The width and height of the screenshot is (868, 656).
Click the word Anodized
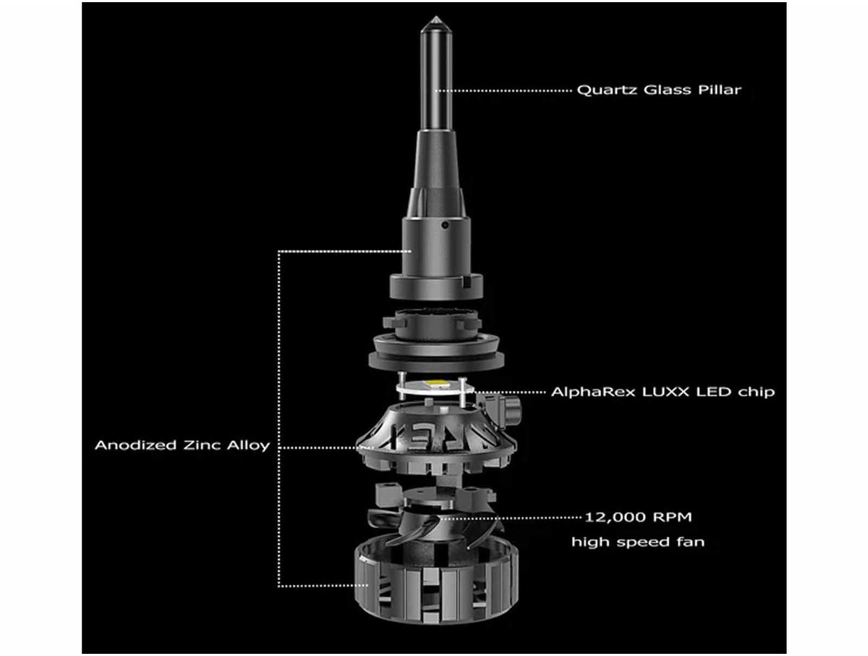(x=136, y=445)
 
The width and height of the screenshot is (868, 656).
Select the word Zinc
(x=202, y=445)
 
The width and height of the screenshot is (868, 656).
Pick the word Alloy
(x=248, y=446)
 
